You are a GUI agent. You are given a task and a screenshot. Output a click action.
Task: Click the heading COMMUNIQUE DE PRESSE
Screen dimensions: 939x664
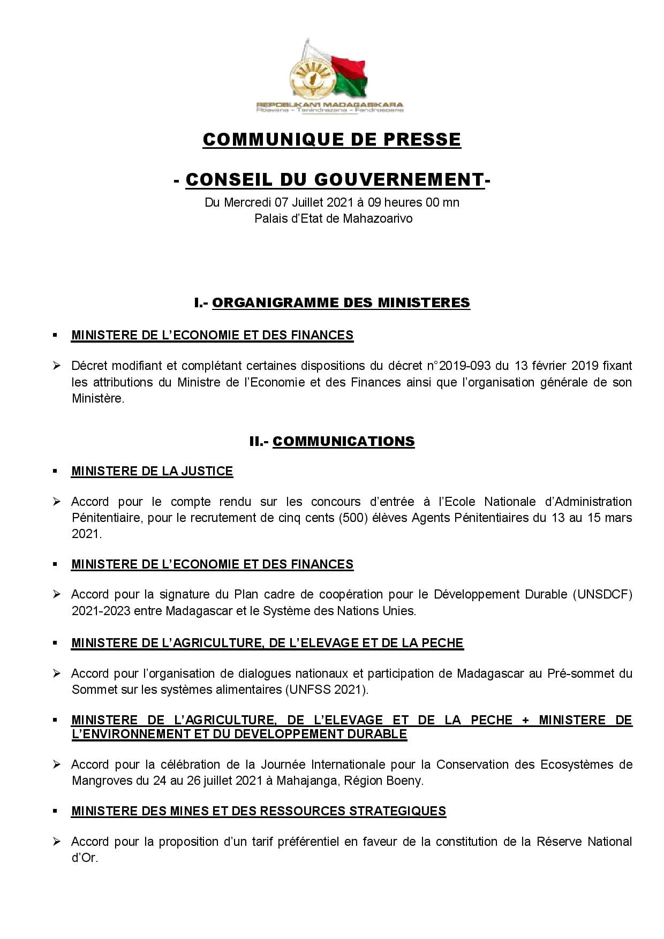point(331,139)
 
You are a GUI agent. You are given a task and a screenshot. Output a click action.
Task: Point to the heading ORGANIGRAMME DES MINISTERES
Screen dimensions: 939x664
point(341,302)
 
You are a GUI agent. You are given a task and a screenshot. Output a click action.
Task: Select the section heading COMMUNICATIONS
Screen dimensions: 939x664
point(343,441)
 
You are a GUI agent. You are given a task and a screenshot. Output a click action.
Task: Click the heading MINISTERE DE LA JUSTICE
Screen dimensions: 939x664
point(152,471)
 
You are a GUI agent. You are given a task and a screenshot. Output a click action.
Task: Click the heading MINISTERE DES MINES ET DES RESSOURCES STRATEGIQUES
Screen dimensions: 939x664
point(259,811)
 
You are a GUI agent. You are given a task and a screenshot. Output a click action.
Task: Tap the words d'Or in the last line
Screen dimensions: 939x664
point(84,858)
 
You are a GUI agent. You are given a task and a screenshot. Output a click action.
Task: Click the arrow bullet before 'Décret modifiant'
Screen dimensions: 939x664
point(57,366)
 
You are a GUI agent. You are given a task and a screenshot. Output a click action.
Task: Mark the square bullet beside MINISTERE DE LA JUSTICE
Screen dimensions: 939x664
point(55,471)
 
